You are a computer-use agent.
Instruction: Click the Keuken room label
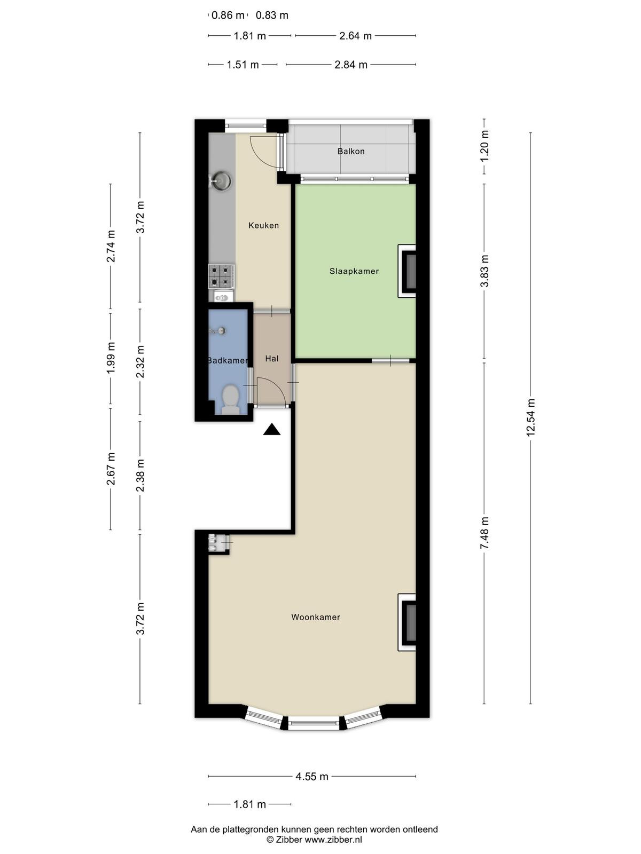pos(263,225)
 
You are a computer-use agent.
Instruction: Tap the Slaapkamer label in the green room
pos(354,271)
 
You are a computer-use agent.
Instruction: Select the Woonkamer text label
pos(316,617)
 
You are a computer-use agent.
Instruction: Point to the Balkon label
pos(351,152)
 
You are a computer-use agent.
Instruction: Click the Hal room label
pos(272,358)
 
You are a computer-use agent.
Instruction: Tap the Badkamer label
pos(228,361)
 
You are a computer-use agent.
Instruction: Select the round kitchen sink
pos(222,181)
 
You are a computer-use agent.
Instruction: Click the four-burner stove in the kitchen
pos(222,276)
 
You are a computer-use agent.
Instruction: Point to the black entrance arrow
pos(272,430)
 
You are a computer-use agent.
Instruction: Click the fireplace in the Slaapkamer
pos(407,271)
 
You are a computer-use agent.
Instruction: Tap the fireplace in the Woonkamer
pos(407,622)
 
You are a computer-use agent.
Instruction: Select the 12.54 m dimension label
pos(531,417)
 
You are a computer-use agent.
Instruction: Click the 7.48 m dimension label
pos(484,533)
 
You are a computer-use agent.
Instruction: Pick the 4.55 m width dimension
pos(312,777)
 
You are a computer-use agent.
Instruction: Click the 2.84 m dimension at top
pos(350,65)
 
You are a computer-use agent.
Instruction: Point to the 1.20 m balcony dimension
pos(484,147)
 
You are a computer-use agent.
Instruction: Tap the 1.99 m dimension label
pos(111,358)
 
